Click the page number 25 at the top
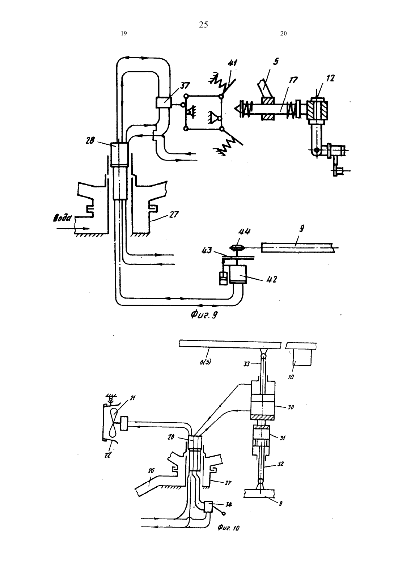tap(203, 25)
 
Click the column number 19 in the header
tap(124, 33)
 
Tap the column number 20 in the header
tap(283, 33)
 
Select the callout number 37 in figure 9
tap(185, 86)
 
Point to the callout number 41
tap(233, 63)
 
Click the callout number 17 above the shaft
tap(293, 80)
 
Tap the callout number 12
tap(330, 78)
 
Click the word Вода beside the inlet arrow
tap(62, 218)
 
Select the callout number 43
tap(207, 250)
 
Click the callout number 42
tap(272, 279)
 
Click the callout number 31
tap(283, 438)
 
